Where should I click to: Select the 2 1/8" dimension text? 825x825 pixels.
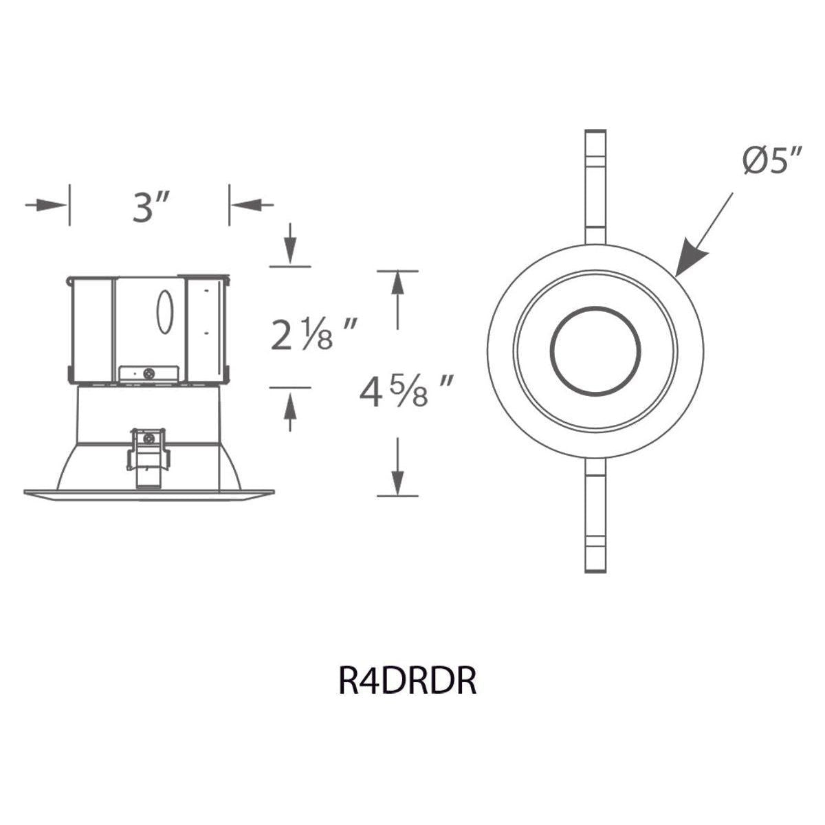pos(313,334)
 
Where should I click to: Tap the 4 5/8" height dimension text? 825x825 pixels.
pos(406,391)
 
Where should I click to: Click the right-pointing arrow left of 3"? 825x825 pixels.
pos(46,205)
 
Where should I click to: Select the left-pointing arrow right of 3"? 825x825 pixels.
pos(252,205)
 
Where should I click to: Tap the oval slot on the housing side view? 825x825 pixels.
pos(164,312)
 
